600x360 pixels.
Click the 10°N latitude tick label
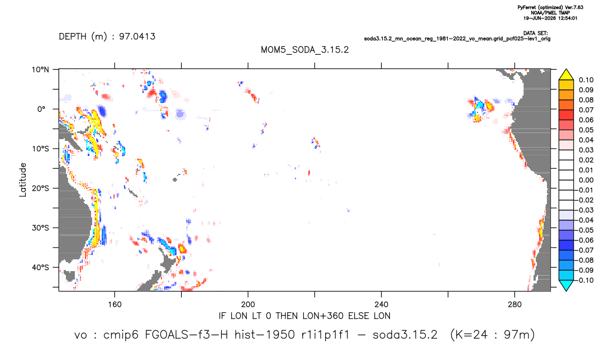40,70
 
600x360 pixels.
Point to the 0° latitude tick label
41,109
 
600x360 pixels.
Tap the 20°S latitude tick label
40,188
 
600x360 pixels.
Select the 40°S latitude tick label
40,267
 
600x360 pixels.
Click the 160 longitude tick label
115,305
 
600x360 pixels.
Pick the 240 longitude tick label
382,305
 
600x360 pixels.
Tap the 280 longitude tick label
515,305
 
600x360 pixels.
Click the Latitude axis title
23,180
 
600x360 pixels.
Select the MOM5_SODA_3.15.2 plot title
305,50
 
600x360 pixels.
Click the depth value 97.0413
137,37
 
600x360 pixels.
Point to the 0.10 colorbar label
586,80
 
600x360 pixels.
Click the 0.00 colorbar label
586,180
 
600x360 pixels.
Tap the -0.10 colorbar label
585,280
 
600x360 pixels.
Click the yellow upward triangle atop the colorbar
566,75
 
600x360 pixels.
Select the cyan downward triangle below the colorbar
566,285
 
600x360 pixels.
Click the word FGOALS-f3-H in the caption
187,335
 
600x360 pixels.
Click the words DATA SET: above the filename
535,34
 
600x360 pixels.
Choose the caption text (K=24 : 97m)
492,335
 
